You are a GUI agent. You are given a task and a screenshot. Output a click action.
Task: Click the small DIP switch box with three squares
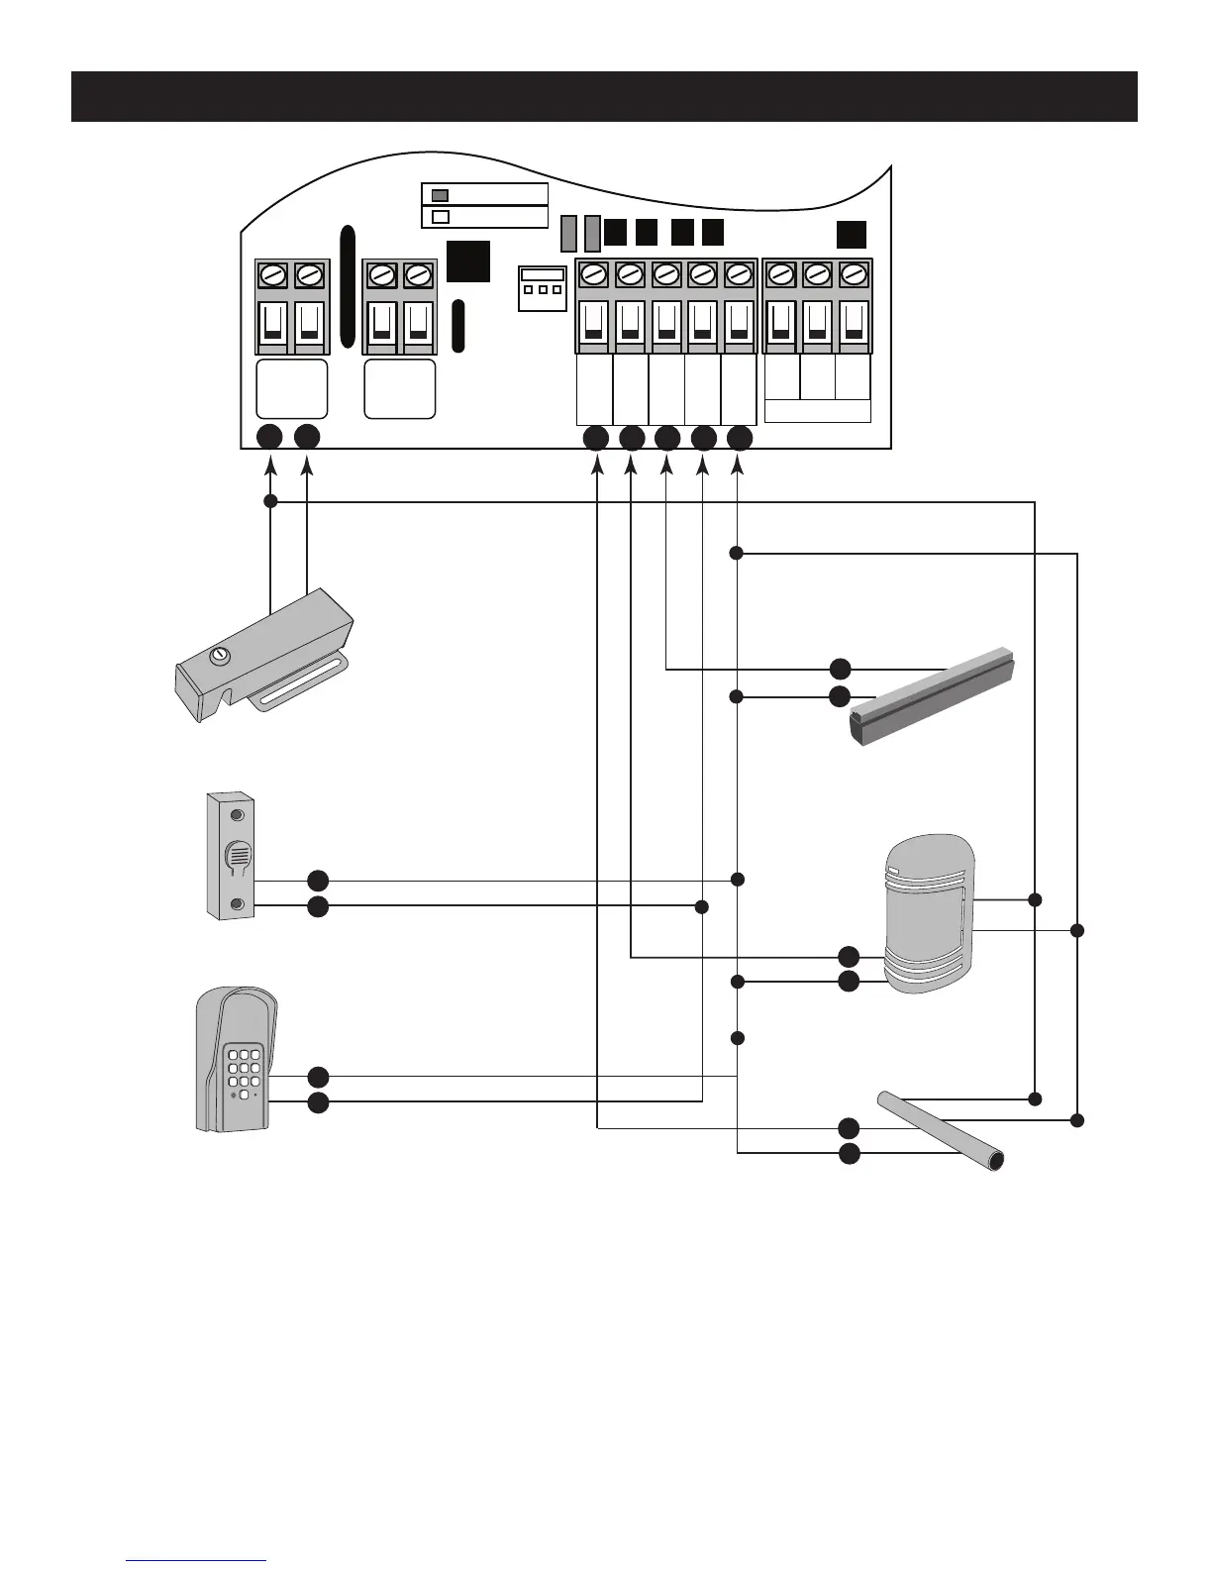[543, 288]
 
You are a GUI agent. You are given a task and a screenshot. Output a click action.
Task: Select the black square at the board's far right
[851, 235]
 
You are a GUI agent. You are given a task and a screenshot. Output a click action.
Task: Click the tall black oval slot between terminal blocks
[347, 287]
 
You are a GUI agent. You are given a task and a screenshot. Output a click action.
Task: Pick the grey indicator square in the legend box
[442, 195]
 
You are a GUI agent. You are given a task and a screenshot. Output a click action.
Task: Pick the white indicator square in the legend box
[442, 217]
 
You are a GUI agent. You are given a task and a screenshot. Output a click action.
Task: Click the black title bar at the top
[604, 96]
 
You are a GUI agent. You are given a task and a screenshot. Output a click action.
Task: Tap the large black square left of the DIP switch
[467, 261]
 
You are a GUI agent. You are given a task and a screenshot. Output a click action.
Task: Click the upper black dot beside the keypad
[318, 1076]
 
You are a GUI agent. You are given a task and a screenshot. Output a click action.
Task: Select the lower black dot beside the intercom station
[318, 906]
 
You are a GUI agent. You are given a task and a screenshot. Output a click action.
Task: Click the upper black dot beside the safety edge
[839, 669]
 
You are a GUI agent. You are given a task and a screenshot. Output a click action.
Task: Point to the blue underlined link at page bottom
[196, 1560]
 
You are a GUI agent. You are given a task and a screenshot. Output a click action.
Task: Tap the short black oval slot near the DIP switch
[458, 326]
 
